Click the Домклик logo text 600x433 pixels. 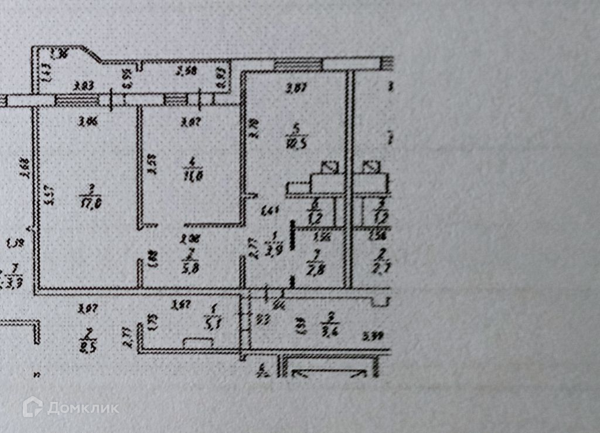click(x=83, y=408)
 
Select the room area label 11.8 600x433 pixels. click(x=189, y=174)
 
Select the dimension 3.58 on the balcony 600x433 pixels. click(x=187, y=73)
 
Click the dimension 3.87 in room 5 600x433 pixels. click(x=296, y=89)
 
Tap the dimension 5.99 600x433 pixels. click(x=373, y=336)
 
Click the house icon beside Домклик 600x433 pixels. click(x=32, y=407)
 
